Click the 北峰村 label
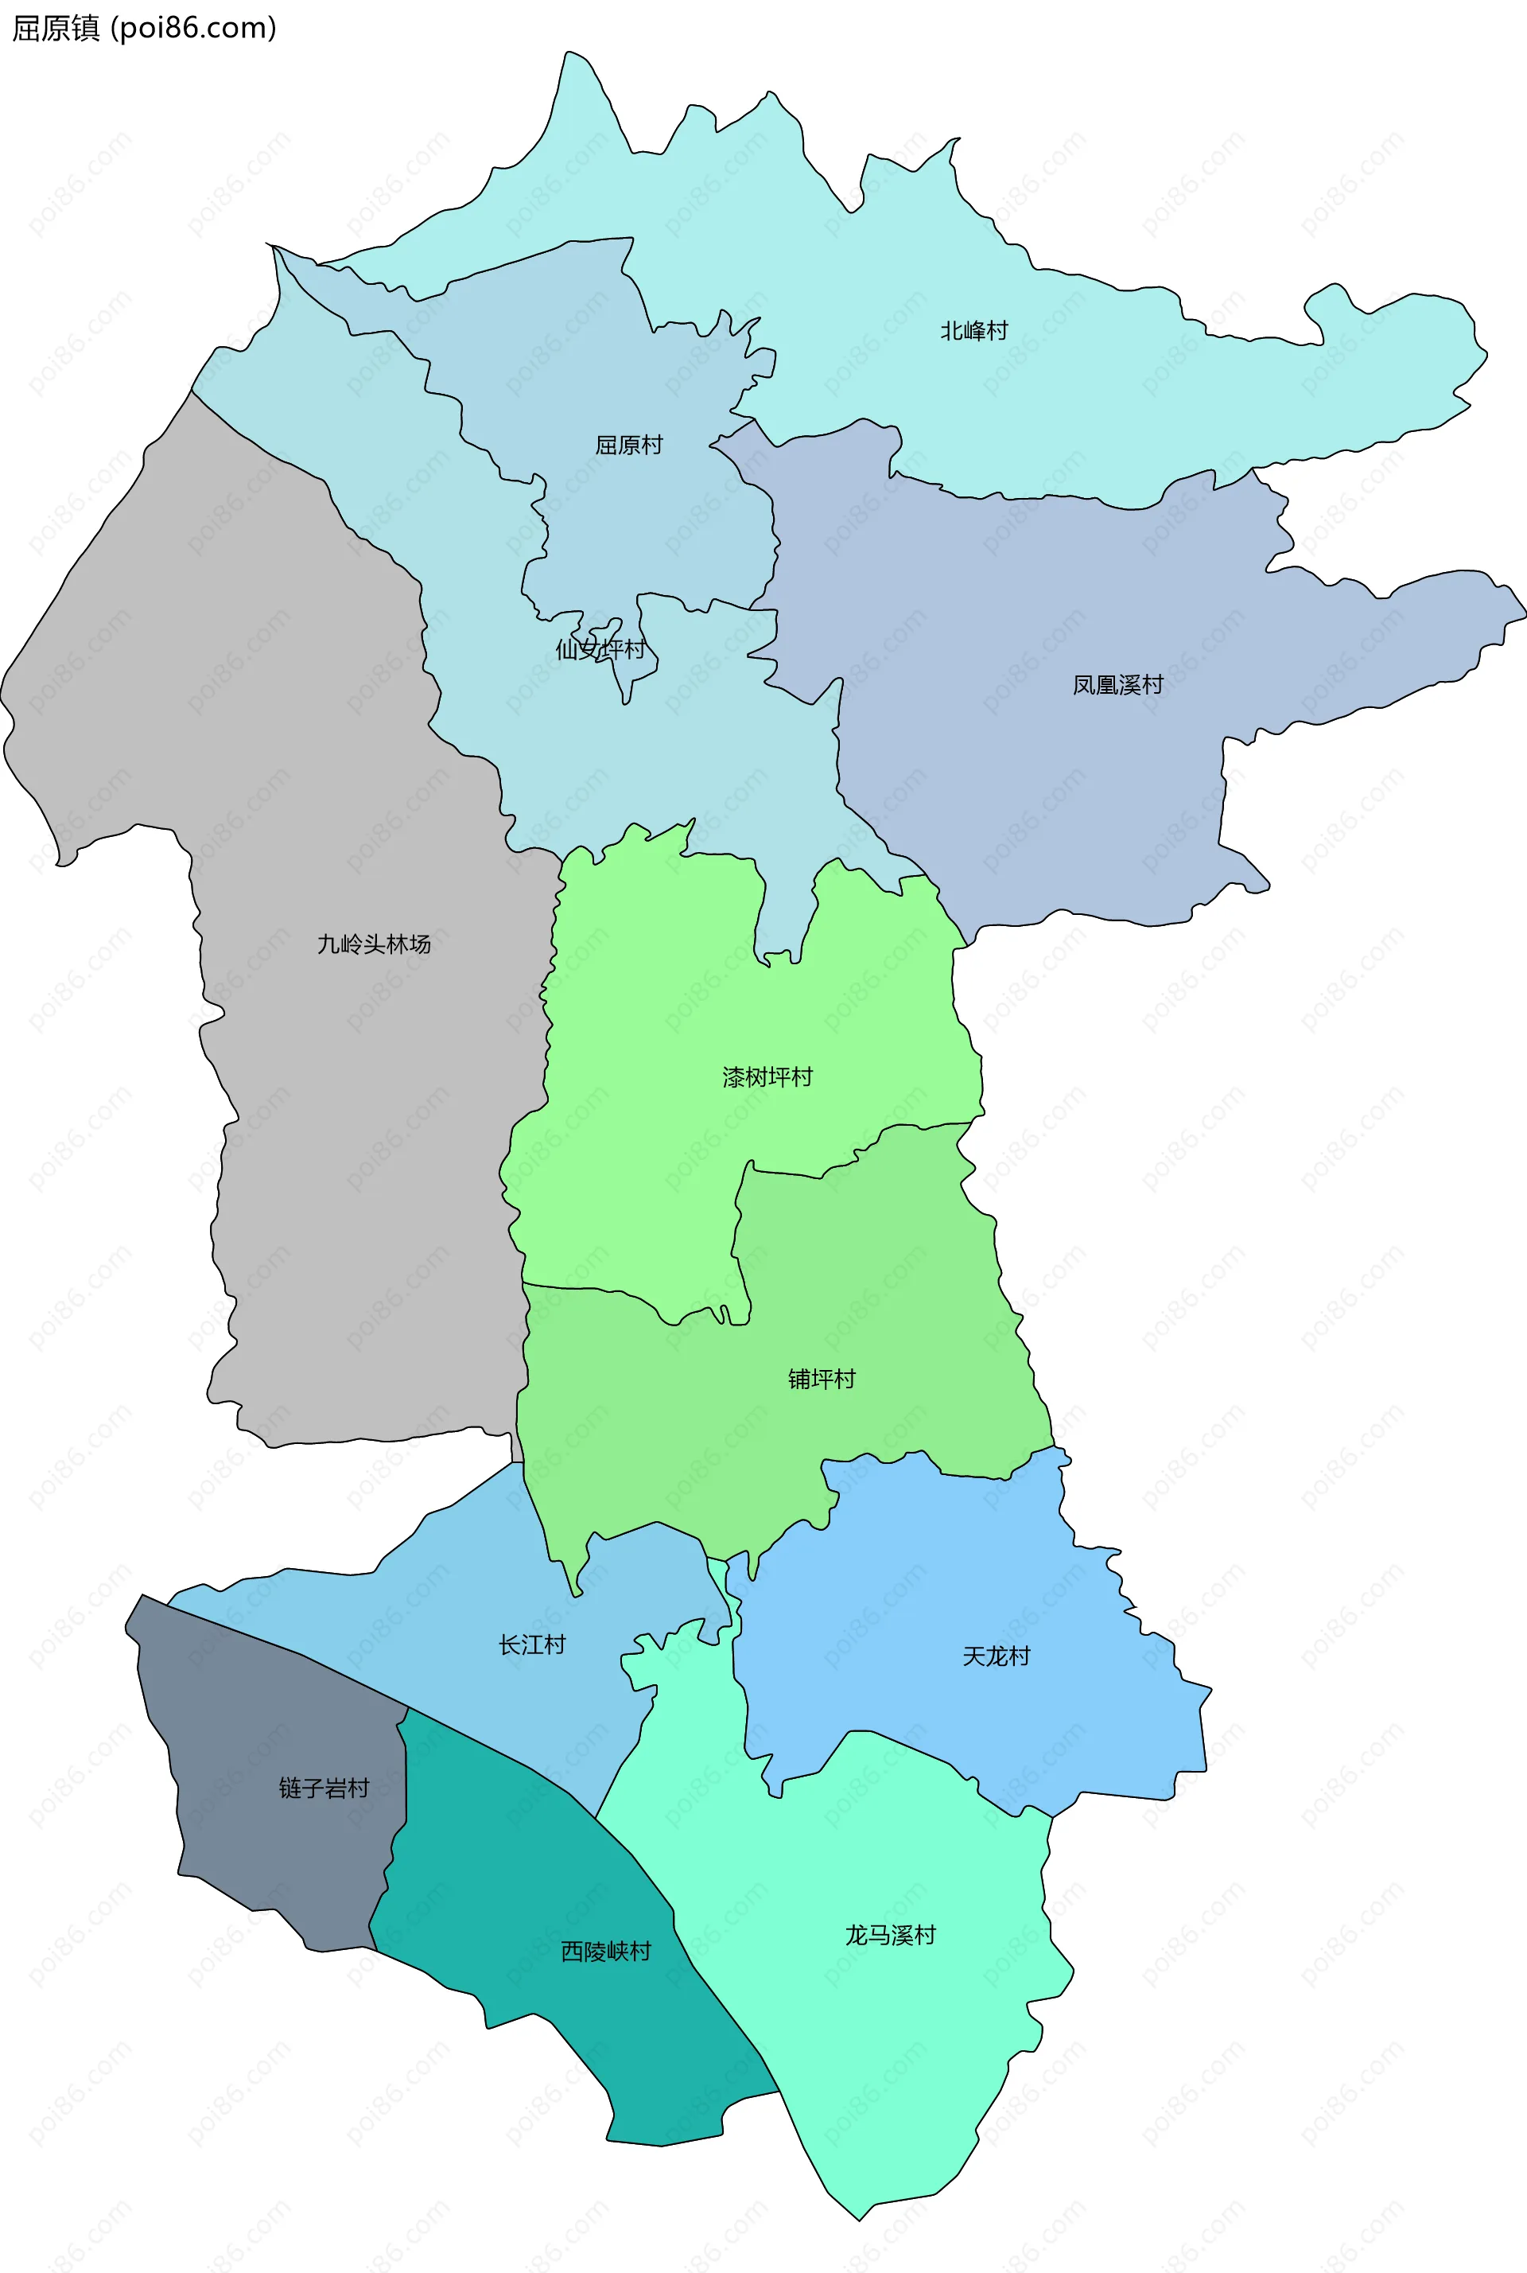[x=973, y=331]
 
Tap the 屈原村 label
[x=628, y=446]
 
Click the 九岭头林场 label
[x=373, y=944]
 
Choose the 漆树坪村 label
[x=767, y=1076]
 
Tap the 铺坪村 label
[x=821, y=1379]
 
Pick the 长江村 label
[x=532, y=1644]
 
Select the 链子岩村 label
[x=324, y=1788]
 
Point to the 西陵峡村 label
[x=606, y=1952]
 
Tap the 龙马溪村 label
[x=889, y=1935]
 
